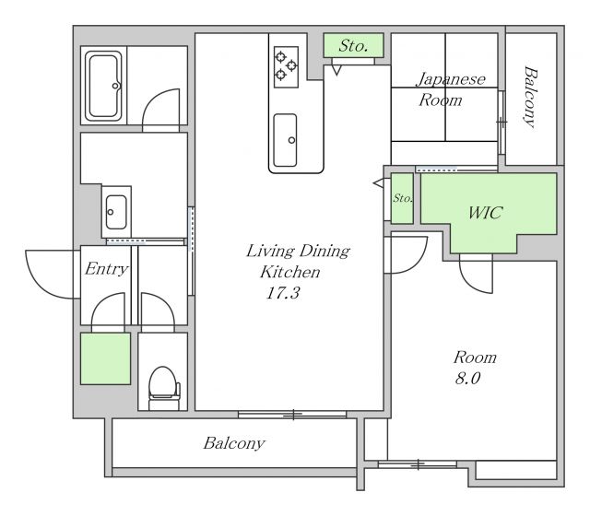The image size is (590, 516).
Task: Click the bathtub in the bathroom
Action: [x=103, y=86]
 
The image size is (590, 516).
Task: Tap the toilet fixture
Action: [x=164, y=387]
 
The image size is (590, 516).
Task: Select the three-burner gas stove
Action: [x=286, y=67]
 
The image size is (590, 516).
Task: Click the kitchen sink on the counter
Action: [x=285, y=140]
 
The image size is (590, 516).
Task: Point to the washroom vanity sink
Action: [x=116, y=212]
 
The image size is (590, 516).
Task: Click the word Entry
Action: [x=107, y=268]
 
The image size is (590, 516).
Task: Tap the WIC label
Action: [x=485, y=213]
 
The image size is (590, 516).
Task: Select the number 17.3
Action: [x=283, y=293]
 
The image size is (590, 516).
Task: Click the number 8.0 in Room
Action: [x=467, y=378]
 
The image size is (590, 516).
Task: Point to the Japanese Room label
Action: [x=449, y=89]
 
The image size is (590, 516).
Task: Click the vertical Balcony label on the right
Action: [x=531, y=97]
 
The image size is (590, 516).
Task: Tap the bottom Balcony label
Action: [x=234, y=443]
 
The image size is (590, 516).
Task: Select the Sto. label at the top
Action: [x=353, y=46]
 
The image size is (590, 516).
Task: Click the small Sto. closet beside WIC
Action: [x=402, y=198]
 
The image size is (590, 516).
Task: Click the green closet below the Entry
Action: [x=106, y=358]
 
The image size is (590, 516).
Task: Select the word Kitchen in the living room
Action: [x=290, y=272]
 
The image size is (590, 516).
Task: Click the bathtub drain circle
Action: [x=115, y=86]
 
